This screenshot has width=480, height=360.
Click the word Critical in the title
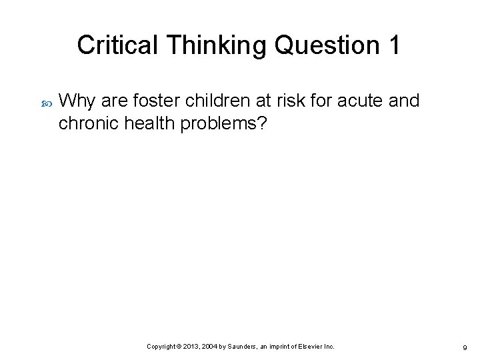click(x=117, y=45)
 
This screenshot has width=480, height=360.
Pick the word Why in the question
click(x=77, y=101)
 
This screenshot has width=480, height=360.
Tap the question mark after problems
click(x=261, y=124)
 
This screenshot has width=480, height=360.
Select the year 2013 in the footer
click(x=193, y=347)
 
